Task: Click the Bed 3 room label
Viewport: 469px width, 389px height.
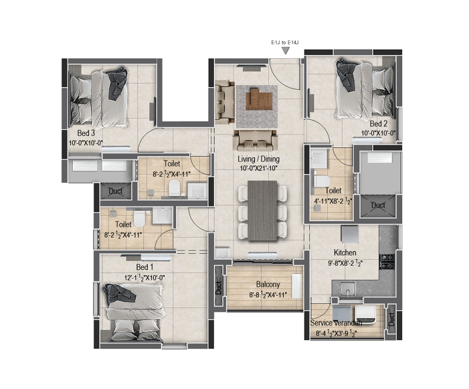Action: point(86,133)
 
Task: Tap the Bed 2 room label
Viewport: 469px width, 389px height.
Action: point(379,124)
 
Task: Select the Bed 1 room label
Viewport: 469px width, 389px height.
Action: point(145,267)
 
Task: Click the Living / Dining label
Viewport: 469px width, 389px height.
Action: point(258,159)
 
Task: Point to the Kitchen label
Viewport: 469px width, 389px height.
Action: point(345,252)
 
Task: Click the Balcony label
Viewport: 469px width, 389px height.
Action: point(268,285)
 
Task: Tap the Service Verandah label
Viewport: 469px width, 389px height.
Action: point(336,323)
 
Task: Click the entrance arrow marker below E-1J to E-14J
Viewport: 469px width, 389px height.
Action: point(286,52)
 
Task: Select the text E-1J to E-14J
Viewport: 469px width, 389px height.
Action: point(285,43)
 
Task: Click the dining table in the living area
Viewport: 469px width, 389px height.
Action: point(262,210)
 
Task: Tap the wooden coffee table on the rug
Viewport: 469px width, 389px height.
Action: point(259,99)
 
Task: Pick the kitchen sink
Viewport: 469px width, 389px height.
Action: point(347,288)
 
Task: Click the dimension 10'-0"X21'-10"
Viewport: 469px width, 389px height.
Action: point(259,168)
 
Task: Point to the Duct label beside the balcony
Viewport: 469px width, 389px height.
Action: point(219,287)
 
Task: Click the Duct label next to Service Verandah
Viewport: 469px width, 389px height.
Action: point(391,319)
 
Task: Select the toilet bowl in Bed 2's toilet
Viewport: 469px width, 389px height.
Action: point(322,181)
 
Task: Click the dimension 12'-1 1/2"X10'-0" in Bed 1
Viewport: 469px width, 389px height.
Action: point(145,278)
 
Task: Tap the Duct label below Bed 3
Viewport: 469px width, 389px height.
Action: point(116,191)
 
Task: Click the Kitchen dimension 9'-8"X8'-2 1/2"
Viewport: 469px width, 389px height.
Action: point(345,264)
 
